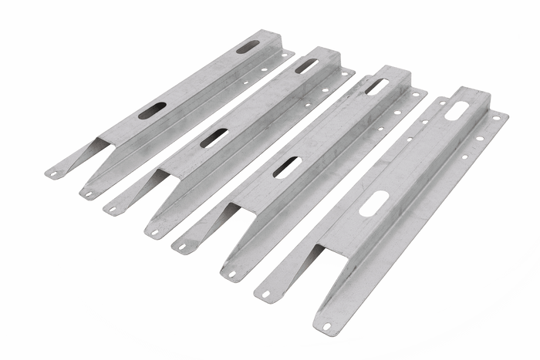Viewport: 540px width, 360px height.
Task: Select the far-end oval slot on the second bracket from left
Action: point(305,66)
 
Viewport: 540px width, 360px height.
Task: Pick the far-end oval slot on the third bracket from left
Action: point(377,85)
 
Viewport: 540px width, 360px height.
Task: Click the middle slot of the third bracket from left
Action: point(287,167)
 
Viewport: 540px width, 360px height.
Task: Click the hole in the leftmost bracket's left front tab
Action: point(53,173)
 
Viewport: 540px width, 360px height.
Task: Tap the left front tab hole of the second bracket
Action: point(113,207)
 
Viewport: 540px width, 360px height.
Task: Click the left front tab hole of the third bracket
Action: point(183,247)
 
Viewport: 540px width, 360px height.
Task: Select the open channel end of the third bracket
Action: point(238,211)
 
